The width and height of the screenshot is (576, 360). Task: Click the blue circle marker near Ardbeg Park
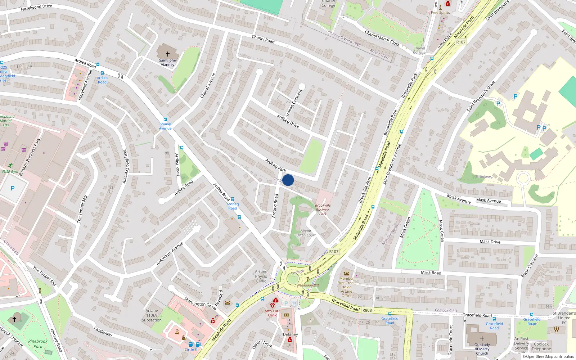click(288, 180)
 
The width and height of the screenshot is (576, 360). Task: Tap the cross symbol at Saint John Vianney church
click(167, 54)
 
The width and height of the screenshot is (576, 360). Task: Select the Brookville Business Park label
click(323, 210)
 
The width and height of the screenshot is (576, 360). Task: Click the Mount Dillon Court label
click(306, 233)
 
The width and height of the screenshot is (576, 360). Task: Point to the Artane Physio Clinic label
click(261, 276)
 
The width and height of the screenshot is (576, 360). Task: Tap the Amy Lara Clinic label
click(272, 313)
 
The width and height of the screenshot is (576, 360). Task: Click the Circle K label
click(191, 350)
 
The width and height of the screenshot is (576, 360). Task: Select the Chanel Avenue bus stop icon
click(165, 120)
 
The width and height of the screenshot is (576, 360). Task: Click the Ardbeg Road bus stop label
click(233, 206)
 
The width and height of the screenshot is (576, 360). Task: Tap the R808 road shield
click(367, 310)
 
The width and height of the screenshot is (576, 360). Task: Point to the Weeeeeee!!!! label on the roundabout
click(307, 285)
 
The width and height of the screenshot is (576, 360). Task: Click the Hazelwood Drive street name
click(36, 7)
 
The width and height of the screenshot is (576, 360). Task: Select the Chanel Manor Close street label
click(382, 38)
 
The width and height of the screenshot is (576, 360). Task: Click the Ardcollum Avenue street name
click(170, 254)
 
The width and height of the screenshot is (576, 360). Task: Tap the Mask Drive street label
click(490, 242)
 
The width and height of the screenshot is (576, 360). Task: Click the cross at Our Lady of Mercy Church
click(482, 339)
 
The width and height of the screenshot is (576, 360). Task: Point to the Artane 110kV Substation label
click(152, 315)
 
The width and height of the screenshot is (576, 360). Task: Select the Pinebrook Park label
click(38, 344)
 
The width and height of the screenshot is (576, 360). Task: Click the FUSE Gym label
click(10, 171)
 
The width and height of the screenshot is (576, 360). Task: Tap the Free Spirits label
click(440, 13)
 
